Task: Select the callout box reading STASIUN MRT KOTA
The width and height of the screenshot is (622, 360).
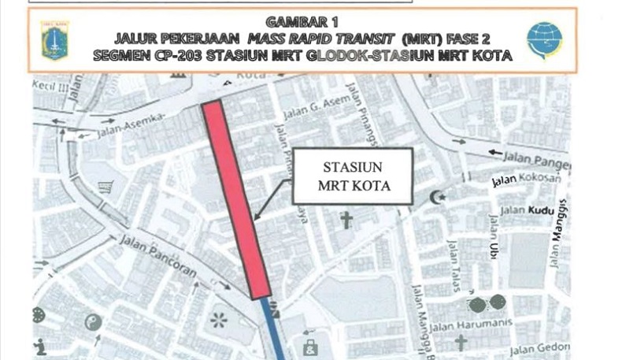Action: pyautogui.click(x=354, y=177)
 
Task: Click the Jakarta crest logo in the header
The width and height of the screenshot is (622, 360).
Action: pyautogui.click(x=54, y=40)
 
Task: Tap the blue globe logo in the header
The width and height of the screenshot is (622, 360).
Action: pyautogui.click(x=544, y=40)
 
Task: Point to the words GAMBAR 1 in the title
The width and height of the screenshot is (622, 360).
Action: pyautogui.click(x=302, y=22)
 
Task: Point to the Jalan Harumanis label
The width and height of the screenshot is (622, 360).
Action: pyautogui.click(x=472, y=324)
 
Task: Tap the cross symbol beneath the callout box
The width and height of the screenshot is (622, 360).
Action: pyautogui.click(x=344, y=221)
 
